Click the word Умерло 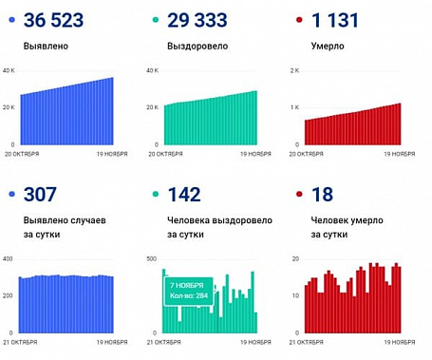click(327, 45)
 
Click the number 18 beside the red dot click(324, 195)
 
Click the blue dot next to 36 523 click(9, 20)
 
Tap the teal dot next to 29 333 click(155, 20)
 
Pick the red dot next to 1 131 click(300, 20)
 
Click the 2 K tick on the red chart click(294, 71)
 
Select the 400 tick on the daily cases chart click(8, 258)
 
